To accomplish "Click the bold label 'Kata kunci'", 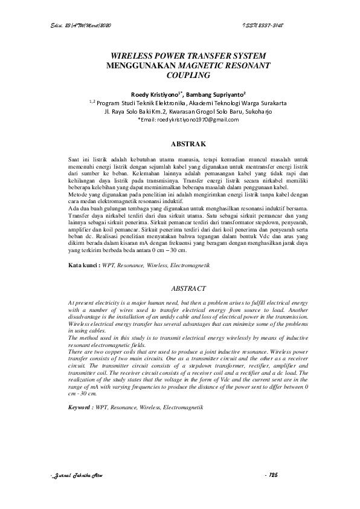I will click(83, 265).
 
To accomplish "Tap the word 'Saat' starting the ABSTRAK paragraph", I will click(74, 157).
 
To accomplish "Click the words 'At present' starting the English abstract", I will click(80, 301).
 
